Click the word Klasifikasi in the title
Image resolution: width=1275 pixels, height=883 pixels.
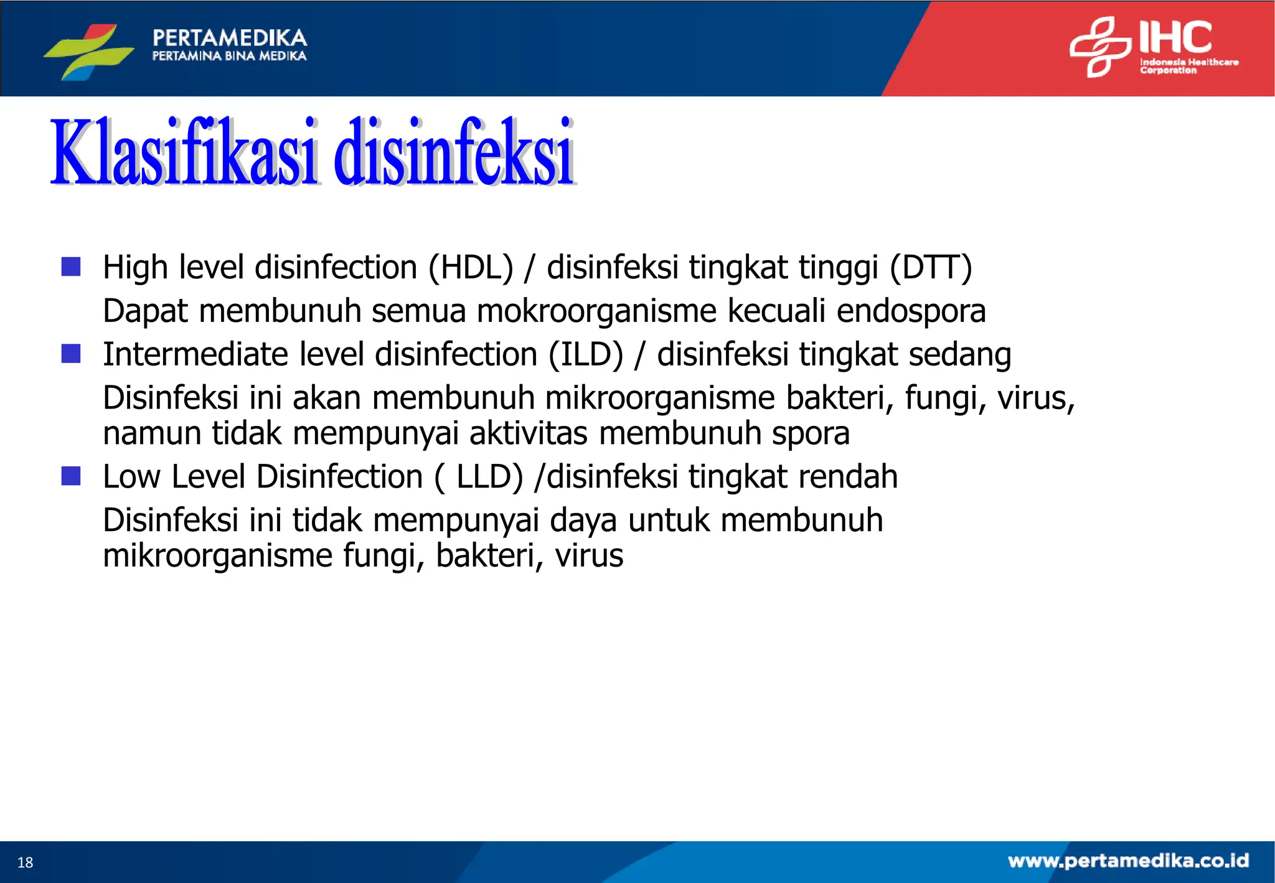click(184, 153)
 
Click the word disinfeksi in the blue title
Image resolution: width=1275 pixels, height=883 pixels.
click(453, 153)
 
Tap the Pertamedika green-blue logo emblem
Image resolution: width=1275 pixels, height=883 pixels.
click(89, 51)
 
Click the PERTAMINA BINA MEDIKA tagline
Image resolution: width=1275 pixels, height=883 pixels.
click(229, 56)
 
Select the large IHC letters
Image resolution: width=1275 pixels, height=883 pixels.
click(1175, 37)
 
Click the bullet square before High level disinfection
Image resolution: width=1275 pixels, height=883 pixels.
click(71, 267)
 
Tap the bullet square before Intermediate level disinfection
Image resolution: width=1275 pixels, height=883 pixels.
click(71, 354)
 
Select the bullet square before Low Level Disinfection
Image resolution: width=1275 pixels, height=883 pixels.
click(71, 476)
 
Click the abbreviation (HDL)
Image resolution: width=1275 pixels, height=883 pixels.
click(471, 268)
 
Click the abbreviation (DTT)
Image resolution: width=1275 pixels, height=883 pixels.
click(930, 268)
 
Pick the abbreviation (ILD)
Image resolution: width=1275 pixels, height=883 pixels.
click(585, 355)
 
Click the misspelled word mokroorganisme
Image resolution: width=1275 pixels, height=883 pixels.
click(596, 311)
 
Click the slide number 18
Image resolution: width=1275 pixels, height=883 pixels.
click(25, 862)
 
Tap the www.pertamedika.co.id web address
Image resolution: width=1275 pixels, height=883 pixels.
click(1128, 861)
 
